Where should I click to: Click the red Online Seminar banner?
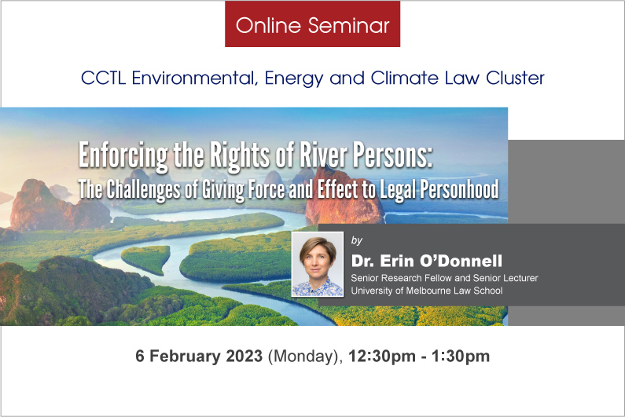tap(313, 24)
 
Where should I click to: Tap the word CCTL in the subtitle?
tap(103, 78)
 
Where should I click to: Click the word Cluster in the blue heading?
tap(515, 78)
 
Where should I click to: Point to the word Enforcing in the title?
tap(123, 155)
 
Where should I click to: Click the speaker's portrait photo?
tap(318, 264)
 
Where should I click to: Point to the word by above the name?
tap(357, 240)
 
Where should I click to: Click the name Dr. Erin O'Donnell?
tap(427, 261)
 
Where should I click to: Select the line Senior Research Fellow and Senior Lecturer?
tap(444, 278)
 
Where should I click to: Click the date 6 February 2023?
tap(199, 356)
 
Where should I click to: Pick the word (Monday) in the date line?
tap(305, 357)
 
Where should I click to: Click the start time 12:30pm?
tap(382, 357)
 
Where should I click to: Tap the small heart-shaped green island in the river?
tap(146, 258)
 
